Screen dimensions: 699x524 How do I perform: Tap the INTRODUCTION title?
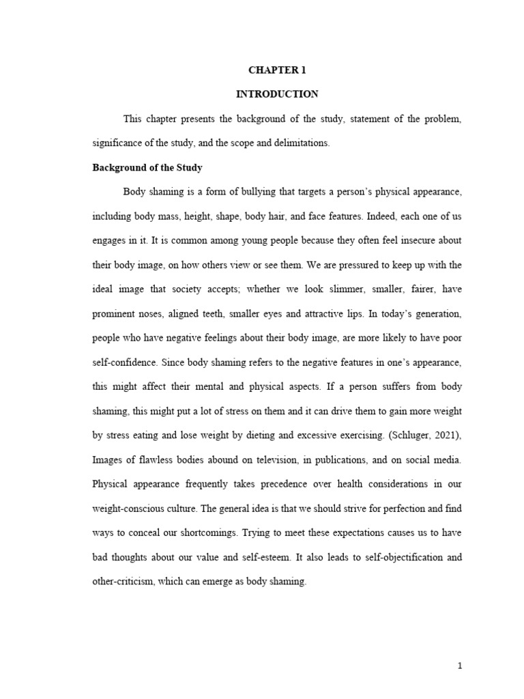[x=277, y=94]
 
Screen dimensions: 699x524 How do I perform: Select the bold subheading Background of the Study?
[x=147, y=167]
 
